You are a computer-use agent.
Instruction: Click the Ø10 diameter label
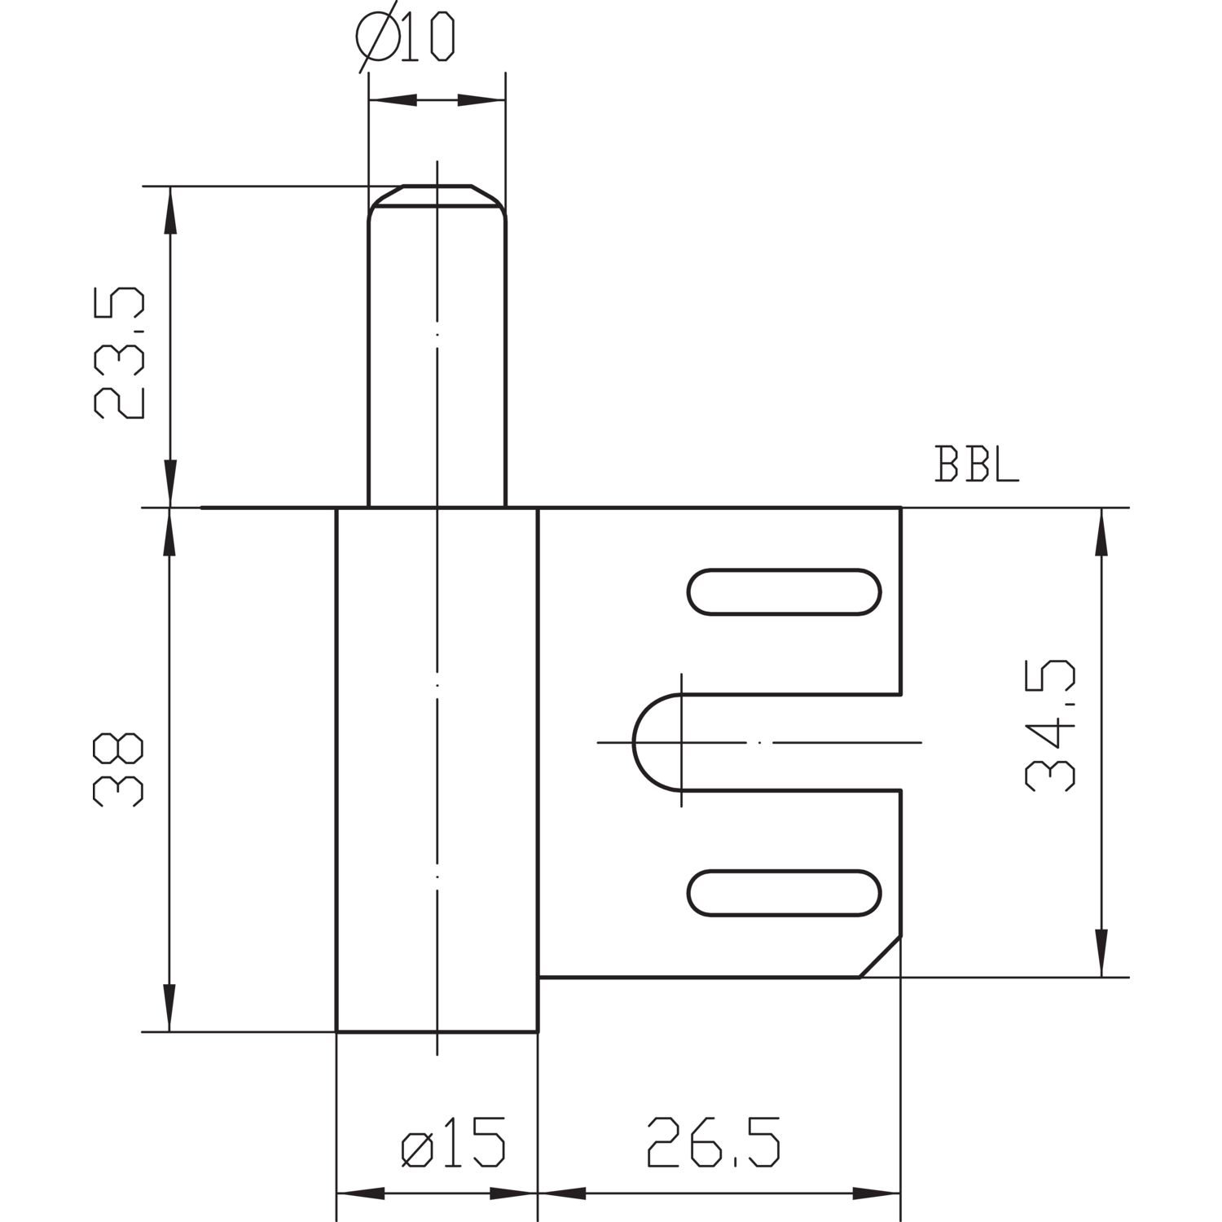(406, 38)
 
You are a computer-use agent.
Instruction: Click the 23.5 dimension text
(120, 352)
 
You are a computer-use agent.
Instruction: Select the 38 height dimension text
(120, 770)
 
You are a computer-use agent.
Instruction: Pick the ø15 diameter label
(453, 1141)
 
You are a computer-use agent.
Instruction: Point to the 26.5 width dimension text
(714, 1141)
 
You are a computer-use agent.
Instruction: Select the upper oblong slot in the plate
(785, 591)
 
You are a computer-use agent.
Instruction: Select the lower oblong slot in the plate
(785, 893)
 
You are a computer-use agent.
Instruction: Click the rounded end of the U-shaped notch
(634, 742)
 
